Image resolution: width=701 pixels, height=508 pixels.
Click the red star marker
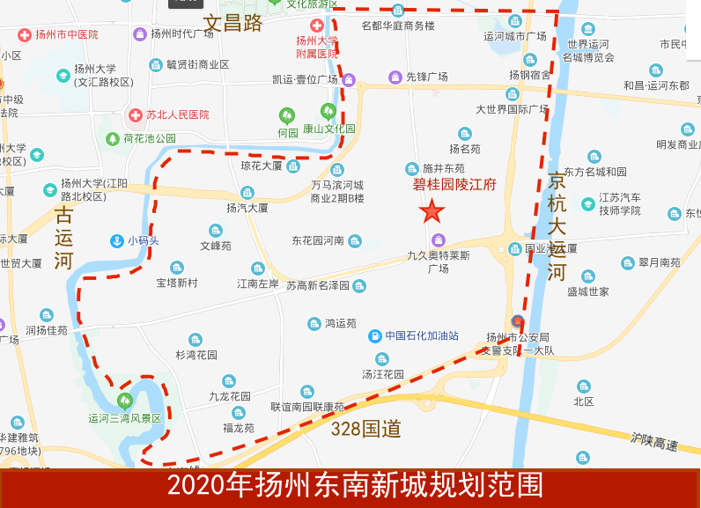pyautogui.click(x=432, y=211)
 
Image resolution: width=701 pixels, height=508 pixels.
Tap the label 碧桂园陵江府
pyautogui.click(x=454, y=185)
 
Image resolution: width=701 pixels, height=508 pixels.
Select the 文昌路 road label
pyautogui.click(x=232, y=23)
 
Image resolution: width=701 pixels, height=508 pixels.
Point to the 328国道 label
pyautogui.click(x=366, y=430)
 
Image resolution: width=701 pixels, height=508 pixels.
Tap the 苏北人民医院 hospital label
pyautogui.click(x=177, y=114)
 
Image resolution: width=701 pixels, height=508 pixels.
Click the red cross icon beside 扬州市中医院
pyautogui.click(x=25, y=34)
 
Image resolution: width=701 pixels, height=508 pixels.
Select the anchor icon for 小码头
pyautogui.click(x=116, y=240)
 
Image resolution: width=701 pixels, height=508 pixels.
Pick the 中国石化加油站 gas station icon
pyautogui.click(x=375, y=335)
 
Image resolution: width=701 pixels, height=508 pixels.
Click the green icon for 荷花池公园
pyautogui.click(x=113, y=138)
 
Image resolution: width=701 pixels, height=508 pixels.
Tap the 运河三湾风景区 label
pyautogui.click(x=125, y=418)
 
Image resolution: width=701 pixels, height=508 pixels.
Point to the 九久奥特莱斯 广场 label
pyautogui.click(x=439, y=261)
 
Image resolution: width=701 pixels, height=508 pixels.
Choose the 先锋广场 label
pyautogui.click(x=426, y=77)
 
